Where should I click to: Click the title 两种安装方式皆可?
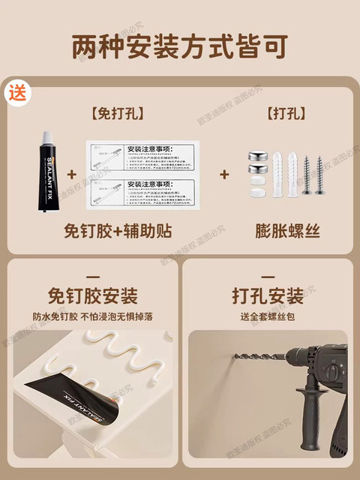point(180,46)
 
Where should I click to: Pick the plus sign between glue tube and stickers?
point(72,174)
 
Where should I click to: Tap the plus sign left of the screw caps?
point(223,174)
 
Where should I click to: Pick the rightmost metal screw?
point(320,175)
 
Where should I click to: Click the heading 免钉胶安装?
point(92,293)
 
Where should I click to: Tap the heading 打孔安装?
point(268,293)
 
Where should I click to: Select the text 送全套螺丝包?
point(268,316)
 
